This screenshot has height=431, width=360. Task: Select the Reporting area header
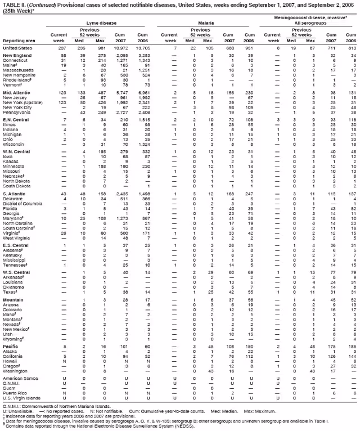(x=19, y=41)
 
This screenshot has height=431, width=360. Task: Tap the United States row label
(x=17, y=48)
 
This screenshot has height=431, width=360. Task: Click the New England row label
(x=17, y=56)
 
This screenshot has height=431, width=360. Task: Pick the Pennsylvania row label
(x=17, y=99)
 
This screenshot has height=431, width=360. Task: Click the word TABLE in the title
(x=10, y=4)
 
